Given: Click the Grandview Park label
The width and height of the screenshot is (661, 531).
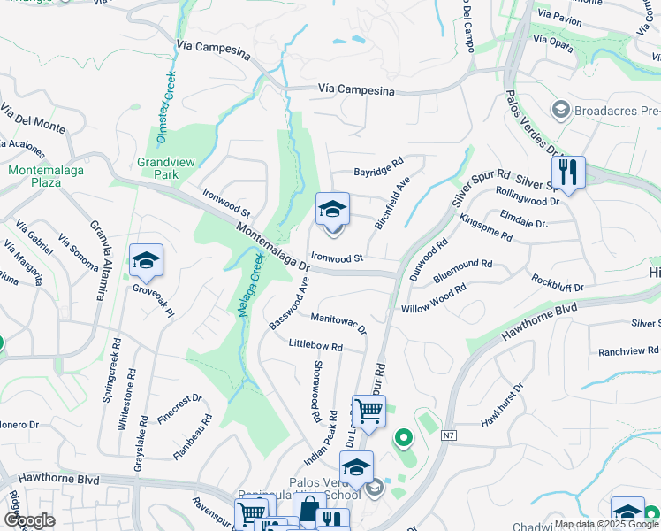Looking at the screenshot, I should (159, 168).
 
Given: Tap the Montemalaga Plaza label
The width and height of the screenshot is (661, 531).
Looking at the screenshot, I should (35, 175).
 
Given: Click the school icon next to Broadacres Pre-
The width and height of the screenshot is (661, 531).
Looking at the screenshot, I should (559, 111).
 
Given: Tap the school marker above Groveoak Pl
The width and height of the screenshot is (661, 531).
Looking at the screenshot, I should (146, 259).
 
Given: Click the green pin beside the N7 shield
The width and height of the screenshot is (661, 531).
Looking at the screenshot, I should (404, 437).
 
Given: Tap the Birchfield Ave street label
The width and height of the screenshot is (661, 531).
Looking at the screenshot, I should (392, 204).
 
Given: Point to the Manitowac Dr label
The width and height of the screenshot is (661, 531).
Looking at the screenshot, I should (338, 321).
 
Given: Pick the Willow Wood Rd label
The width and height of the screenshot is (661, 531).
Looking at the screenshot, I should (433, 299).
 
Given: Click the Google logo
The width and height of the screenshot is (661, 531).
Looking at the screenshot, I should (29, 520).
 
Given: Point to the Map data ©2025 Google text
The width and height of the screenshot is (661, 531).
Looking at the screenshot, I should (606, 524).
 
